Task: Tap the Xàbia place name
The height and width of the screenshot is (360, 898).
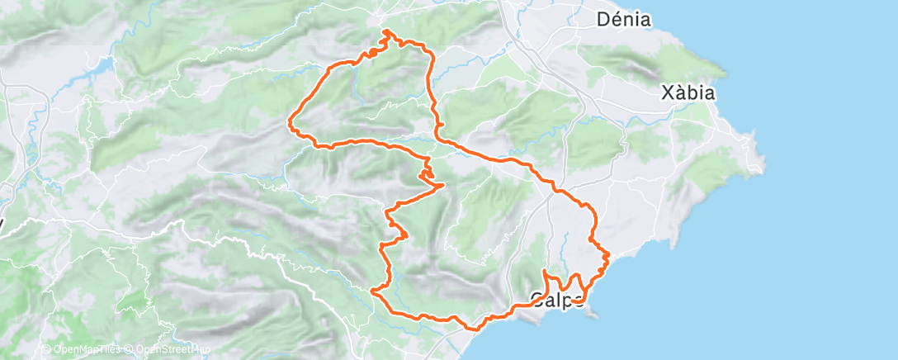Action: (x=688, y=93)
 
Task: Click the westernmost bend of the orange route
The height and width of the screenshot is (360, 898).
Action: (x=289, y=126)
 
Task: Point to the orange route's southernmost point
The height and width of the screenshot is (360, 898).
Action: (x=473, y=329)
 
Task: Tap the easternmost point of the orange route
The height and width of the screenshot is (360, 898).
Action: (x=608, y=255)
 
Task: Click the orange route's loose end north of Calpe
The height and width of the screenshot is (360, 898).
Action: (x=545, y=271)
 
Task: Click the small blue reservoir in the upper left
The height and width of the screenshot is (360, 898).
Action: (x=106, y=64)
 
